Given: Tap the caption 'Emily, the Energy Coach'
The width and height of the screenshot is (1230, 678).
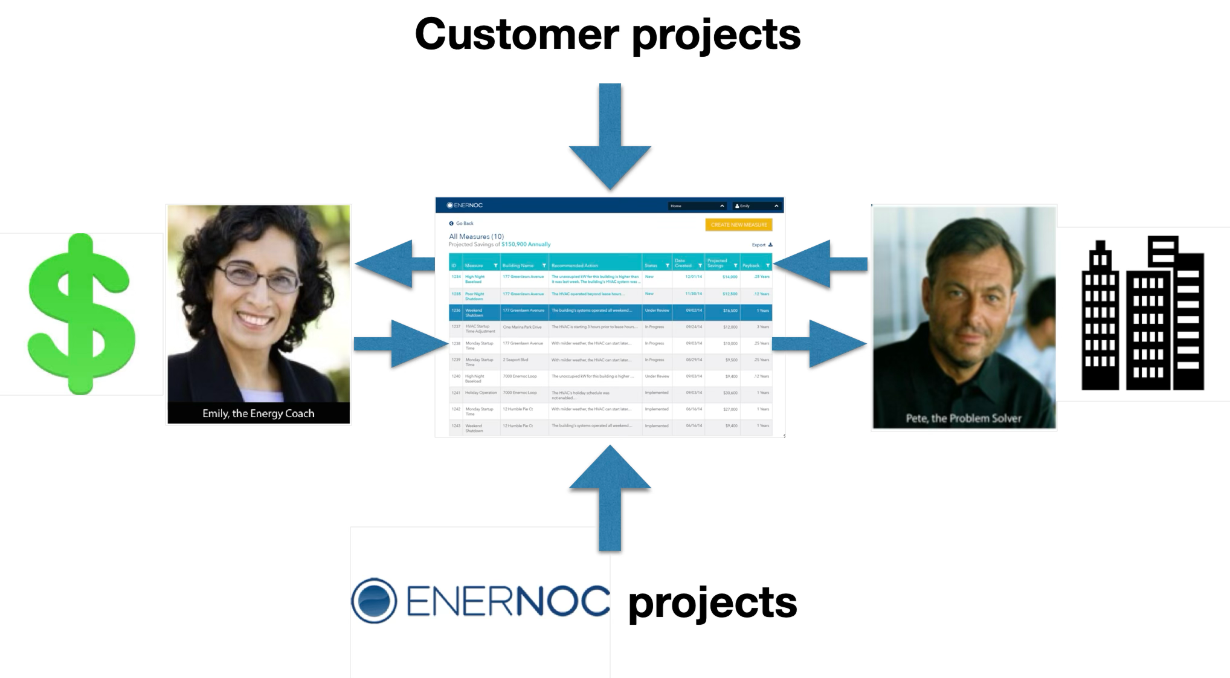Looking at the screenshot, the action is click(258, 413).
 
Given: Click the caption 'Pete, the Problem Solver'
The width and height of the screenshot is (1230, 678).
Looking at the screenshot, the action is click(963, 418).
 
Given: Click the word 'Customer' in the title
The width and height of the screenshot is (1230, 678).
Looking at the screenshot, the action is click(517, 34).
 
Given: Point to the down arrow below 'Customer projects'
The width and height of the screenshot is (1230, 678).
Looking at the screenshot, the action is click(610, 139).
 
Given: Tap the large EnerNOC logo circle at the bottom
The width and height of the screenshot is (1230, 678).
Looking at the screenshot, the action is click(374, 601).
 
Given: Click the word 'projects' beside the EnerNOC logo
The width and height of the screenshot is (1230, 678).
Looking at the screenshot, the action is click(712, 603).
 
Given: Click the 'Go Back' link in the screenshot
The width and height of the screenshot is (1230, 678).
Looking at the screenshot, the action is click(464, 224).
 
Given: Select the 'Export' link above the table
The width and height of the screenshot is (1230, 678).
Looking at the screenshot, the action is click(760, 245).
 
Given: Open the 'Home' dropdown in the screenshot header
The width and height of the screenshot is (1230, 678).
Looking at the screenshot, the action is click(697, 206).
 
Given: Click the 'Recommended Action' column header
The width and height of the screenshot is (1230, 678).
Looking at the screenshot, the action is click(575, 265).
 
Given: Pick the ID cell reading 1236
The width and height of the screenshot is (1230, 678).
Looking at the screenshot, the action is click(456, 311).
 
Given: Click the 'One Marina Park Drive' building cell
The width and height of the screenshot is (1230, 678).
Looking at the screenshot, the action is click(522, 327).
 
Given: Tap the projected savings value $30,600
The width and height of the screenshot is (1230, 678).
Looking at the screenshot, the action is click(730, 393).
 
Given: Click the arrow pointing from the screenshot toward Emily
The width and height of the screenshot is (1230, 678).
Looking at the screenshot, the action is click(393, 264).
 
